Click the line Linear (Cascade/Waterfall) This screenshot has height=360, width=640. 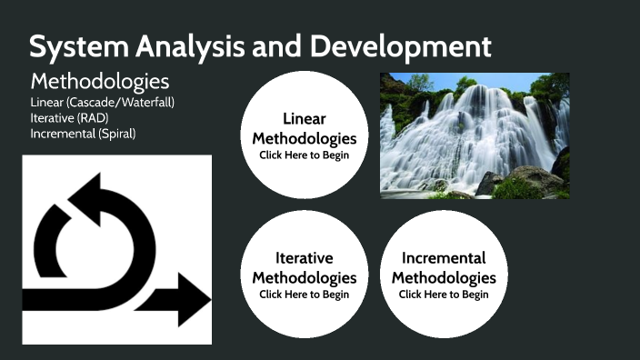pyautogui.click(x=102, y=102)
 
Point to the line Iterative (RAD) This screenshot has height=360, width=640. pyautogui.click(x=68, y=117)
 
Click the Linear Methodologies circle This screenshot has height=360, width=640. pyautogui.click(x=305, y=135)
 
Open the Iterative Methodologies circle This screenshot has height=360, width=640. pyautogui.click(x=305, y=274)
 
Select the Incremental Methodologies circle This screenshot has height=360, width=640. pyautogui.click(x=443, y=274)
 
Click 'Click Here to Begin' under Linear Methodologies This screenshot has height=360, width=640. pyautogui.click(x=305, y=155)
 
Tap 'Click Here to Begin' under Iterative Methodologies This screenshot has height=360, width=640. pyautogui.click(x=305, y=295)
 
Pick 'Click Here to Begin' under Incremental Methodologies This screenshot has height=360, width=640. pyautogui.click(x=444, y=295)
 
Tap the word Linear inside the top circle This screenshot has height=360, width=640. pyautogui.click(x=305, y=119)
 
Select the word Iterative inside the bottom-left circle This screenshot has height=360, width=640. pyautogui.click(x=305, y=258)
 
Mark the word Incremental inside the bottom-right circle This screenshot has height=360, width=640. pyautogui.click(x=444, y=258)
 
